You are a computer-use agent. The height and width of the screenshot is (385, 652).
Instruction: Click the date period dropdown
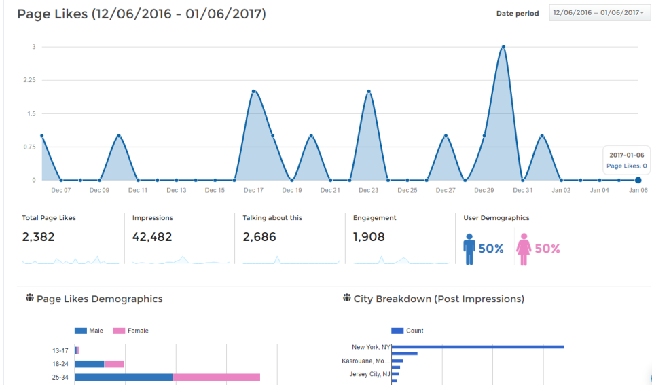(x=598, y=13)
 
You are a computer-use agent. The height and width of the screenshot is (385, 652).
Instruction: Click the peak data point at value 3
(x=503, y=47)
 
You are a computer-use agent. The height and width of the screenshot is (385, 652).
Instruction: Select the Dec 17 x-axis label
(x=254, y=191)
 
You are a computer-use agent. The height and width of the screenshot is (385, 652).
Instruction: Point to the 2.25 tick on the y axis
(x=30, y=80)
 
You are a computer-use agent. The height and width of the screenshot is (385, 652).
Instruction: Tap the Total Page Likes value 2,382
(x=38, y=237)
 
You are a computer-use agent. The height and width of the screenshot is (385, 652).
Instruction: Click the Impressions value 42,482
(x=152, y=237)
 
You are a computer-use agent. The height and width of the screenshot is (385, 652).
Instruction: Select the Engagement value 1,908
(x=369, y=237)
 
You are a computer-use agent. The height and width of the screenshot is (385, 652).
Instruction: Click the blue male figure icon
(x=469, y=249)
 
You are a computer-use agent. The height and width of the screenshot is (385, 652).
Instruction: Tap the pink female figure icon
(x=524, y=249)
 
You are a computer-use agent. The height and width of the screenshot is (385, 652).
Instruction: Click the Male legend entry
(x=88, y=331)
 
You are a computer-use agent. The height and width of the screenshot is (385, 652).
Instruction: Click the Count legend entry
(x=407, y=331)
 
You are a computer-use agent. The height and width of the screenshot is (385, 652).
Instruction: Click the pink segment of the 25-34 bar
(x=216, y=377)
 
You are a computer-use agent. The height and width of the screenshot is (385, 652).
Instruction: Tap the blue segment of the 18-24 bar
(x=89, y=364)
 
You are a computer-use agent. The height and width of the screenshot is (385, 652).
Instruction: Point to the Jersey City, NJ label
(x=369, y=374)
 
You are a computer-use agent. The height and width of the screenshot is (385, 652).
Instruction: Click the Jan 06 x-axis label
(x=637, y=191)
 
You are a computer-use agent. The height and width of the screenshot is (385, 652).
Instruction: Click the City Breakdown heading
(x=439, y=299)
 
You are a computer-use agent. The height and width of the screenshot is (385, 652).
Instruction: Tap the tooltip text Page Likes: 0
(x=626, y=166)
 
